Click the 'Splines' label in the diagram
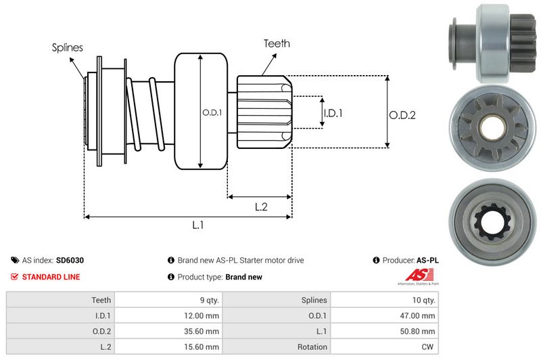click(x=67, y=48)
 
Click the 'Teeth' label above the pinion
click(x=277, y=43)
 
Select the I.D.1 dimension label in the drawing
click(x=332, y=113)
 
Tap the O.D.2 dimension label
click(x=402, y=115)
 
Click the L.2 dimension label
click(x=262, y=207)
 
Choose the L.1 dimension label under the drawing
click(x=198, y=226)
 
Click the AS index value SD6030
click(x=70, y=260)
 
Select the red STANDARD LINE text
click(x=51, y=277)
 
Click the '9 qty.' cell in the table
click(x=207, y=300)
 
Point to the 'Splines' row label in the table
click(x=313, y=300)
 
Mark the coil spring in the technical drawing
click(x=145, y=112)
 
